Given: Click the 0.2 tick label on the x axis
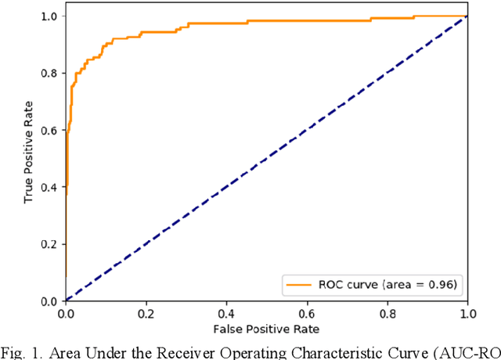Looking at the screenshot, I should click(146, 313).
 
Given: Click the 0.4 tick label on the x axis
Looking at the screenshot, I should click(226, 313).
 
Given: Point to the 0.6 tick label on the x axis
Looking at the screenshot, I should click(307, 313).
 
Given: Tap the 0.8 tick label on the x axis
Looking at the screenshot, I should click(387, 313).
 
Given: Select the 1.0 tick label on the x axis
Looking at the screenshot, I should click(467, 313).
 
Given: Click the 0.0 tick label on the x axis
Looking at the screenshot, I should click(65, 313).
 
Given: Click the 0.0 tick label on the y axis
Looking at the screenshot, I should click(49, 301).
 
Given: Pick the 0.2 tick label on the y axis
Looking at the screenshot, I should click(49, 243).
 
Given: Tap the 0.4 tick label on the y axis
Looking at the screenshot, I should click(49, 187).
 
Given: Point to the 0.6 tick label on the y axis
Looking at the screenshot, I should click(49, 130).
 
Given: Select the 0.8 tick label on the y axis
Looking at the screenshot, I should click(49, 73).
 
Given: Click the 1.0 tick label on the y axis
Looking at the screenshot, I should click(49, 16).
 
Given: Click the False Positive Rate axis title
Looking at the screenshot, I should click(266, 328).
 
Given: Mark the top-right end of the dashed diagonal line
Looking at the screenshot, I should click(467, 16).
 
